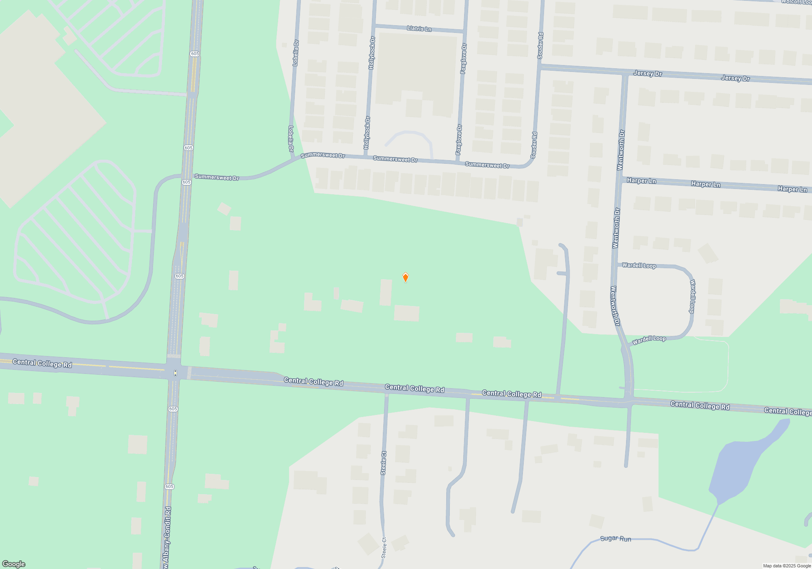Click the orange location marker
click(x=405, y=277)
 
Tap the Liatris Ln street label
click(x=419, y=28)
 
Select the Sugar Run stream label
click(x=615, y=539)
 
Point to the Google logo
click(x=14, y=564)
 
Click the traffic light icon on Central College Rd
click(x=175, y=373)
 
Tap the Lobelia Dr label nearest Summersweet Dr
click(x=291, y=139)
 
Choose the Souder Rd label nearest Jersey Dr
click(x=540, y=46)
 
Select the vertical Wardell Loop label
click(x=692, y=296)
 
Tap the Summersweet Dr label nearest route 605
click(x=217, y=177)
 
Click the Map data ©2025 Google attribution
click(x=787, y=566)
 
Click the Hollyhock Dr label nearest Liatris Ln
click(x=372, y=53)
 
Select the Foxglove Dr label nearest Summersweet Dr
click(x=459, y=139)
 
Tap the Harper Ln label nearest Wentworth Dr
click(x=641, y=180)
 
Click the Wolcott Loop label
click(x=796, y=2)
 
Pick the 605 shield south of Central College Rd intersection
click(x=173, y=409)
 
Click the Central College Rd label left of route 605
click(x=42, y=363)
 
